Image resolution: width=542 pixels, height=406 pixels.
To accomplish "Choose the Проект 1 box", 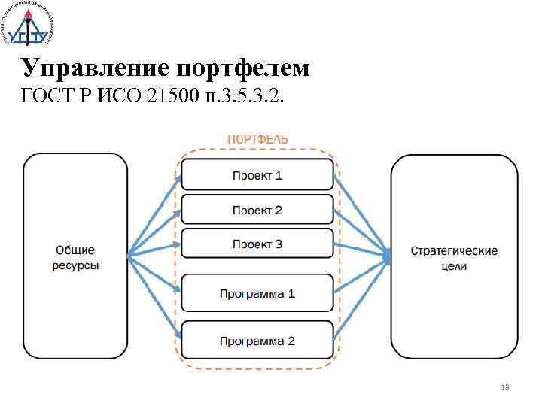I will (x=257, y=175).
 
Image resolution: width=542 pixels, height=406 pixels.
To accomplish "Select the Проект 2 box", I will (x=257, y=210).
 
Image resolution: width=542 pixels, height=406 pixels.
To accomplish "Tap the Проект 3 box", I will (x=257, y=244).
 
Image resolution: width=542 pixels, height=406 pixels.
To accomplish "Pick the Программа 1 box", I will (x=257, y=292).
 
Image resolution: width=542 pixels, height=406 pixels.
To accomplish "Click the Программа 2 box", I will (x=257, y=341).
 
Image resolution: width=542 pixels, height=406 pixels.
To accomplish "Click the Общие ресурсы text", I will (x=75, y=258).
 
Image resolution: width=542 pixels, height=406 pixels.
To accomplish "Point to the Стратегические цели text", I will (x=454, y=258).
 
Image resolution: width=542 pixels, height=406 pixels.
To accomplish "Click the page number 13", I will (x=505, y=387).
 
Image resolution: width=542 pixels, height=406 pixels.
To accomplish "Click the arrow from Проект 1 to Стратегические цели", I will (x=361, y=217).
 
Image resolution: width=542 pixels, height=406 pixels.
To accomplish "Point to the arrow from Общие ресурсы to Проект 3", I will (x=154, y=250).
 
